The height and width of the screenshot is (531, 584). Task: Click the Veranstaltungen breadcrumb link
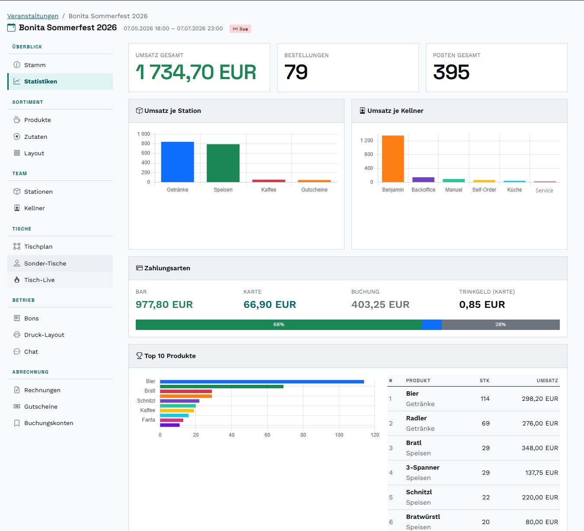point(32,16)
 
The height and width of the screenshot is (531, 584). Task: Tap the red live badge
point(240,29)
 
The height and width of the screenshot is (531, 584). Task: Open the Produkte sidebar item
point(37,120)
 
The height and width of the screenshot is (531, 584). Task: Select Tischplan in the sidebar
point(38,247)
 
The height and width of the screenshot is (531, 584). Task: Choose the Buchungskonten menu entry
point(48,423)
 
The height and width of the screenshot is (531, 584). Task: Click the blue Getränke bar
point(177,162)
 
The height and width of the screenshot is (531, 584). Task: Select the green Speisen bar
point(223,163)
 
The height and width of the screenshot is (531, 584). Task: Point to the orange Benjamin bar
point(393,159)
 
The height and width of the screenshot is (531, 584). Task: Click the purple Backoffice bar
point(423,180)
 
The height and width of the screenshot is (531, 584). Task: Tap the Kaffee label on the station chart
point(268,190)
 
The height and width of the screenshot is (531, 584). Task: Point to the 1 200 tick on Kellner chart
point(367,141)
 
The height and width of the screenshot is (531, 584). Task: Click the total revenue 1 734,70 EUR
point(196,72)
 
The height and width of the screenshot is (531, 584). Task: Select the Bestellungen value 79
point(296,72)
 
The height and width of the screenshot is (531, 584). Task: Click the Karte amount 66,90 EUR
point(270,305)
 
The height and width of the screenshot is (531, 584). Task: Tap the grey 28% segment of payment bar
point(501,324)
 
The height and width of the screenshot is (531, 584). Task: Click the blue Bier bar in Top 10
point(262,381)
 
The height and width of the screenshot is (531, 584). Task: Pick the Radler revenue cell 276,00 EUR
point(540,423)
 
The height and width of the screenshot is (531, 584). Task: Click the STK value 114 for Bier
point(485,399)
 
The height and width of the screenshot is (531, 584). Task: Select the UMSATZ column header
point(547,381)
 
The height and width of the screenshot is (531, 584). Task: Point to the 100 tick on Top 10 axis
point(339,435)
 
